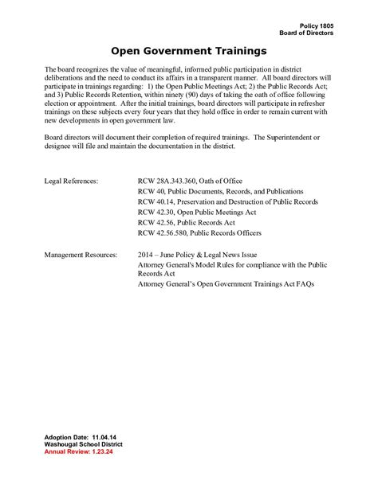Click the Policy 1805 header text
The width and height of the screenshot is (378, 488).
coord(317,26)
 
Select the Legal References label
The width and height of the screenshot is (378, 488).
coord(71,182)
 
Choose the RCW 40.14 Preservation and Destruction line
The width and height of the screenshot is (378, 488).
coord(227,202)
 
